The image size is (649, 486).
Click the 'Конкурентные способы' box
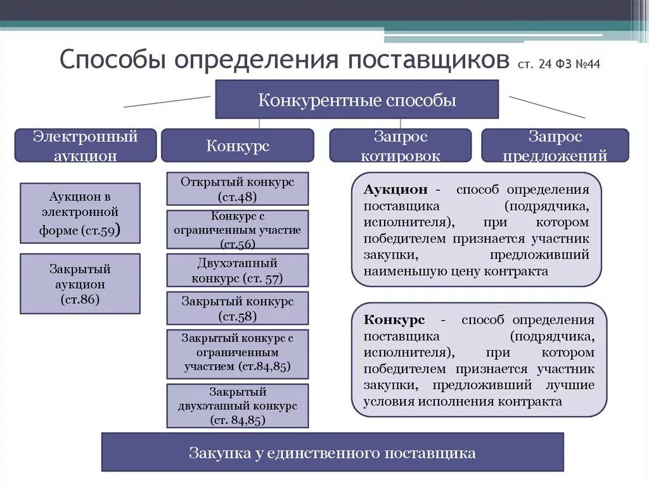(357, 99)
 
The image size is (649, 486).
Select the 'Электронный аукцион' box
(86, 145)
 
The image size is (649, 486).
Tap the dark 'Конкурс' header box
(237, 146)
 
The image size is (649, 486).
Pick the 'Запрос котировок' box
(400, 145)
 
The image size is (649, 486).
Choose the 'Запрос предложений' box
(555, 145)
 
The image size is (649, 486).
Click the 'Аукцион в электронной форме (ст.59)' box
(80, 213)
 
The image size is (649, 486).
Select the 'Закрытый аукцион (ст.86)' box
(80, 284)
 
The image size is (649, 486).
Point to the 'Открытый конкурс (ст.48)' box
(237, 189)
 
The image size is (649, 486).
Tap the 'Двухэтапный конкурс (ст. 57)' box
(237, 271)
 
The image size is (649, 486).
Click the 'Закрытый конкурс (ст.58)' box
(237, 308)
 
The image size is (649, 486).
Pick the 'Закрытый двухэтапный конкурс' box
(237, 406)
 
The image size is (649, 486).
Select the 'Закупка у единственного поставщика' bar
(332, 452)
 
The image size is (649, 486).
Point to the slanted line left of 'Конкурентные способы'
(167, 101)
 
